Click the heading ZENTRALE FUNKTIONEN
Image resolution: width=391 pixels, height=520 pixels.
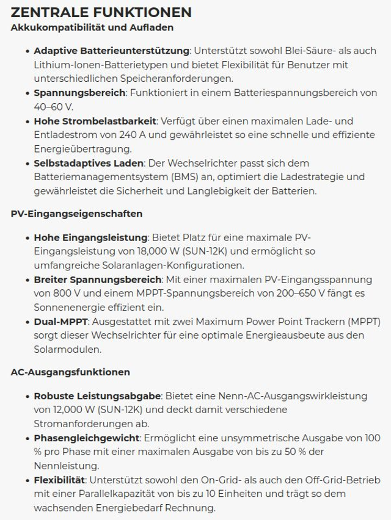[x=101, y=12]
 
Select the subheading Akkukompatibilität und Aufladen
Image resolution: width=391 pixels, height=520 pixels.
[x=92, y=27]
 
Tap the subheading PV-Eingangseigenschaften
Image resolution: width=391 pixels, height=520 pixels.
[x=76, y=214]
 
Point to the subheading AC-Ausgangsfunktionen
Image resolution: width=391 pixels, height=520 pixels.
[x=70, y=372]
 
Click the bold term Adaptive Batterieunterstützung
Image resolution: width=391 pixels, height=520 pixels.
[x=112, y=51]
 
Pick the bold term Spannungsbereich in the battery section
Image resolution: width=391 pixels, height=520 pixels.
[x=79, y=93]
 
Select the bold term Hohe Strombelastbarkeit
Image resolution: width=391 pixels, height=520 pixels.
[x=95, y=121]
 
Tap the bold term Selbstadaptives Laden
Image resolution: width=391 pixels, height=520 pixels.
[x=89, y=163]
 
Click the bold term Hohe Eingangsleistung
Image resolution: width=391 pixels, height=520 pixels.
[x=91, y=237]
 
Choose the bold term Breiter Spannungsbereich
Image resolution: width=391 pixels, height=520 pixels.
[x=97, y=279]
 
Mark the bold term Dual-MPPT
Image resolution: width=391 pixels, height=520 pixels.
[x=61, y=321]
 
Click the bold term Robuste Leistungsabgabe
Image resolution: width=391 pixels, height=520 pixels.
[x=97, y=395]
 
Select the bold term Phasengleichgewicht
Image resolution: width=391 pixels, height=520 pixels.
[x=87, y=438]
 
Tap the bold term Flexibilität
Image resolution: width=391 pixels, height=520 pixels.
[x=59, y=480]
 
